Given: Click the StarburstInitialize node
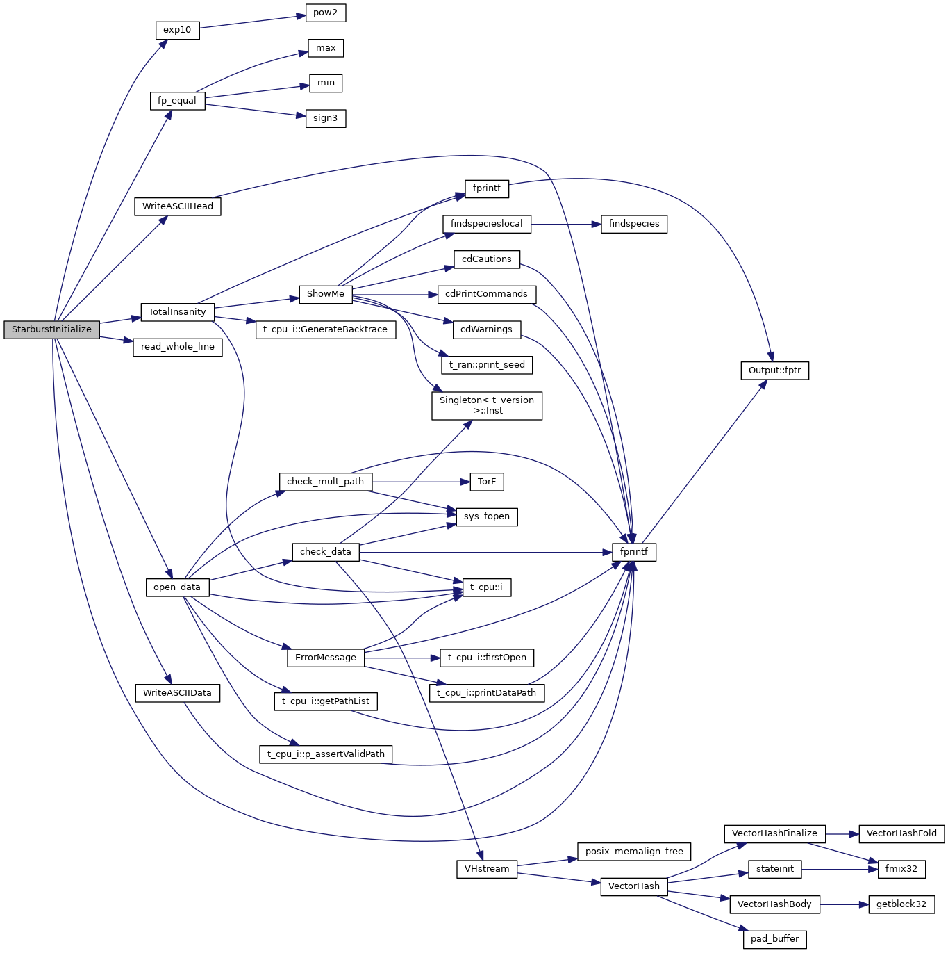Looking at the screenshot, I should point(51,329).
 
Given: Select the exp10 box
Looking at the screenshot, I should point(177,31).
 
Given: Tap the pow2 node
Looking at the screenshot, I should point(325,13).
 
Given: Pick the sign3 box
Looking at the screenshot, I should point(325,118).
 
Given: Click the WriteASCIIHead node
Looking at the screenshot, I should point(178,206).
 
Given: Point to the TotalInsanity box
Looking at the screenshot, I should point(177,312).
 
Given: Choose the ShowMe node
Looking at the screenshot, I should point(326,294).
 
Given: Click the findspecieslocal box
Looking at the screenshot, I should point(486,224).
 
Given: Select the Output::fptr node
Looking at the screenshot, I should point(774,370).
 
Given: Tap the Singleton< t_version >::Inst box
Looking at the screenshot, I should point(486,405).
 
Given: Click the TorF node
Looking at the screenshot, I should point(487,482).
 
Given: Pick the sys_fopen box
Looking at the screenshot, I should point(486,516).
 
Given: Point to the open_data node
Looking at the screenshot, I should point(177,587).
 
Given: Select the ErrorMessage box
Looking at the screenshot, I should point(326,658).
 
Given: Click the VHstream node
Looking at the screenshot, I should point(487,869).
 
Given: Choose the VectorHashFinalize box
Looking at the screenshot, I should point(774,833).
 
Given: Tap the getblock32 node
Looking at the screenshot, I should point(901,904).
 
